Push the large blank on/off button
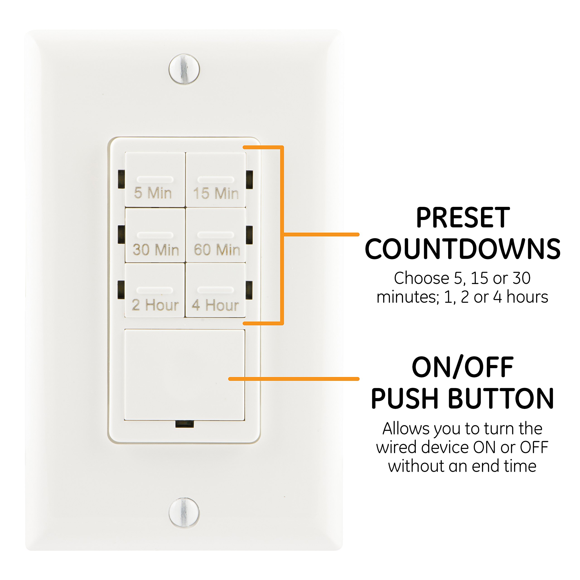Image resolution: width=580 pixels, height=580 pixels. point(184,375)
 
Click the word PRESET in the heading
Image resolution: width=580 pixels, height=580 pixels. point(463,218)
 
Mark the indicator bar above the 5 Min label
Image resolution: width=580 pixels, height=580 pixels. point(155,179)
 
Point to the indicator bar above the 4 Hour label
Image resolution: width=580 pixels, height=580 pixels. point(215,290)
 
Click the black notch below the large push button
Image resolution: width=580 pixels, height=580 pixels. point(184,424)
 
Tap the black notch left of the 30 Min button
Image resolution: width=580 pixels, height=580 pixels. point(121,234)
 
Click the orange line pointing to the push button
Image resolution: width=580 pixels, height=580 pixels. point(294,379)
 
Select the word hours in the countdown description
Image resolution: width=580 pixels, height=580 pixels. point(527,297)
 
